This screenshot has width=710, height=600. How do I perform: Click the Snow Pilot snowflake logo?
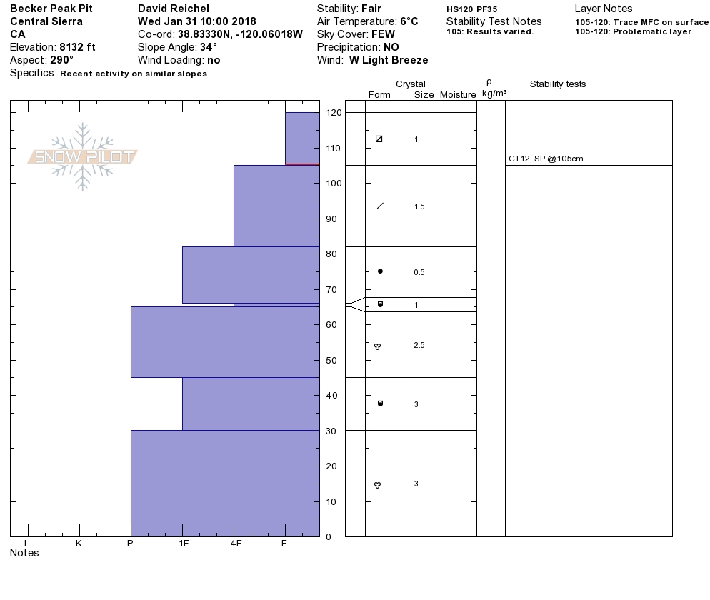coord(83,156)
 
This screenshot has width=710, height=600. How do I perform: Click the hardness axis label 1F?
coord(184,544)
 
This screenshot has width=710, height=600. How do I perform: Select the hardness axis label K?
coord(79,544)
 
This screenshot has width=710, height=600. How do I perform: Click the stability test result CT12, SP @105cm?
coord(546,159)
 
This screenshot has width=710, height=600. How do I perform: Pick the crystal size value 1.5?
coord(419,206)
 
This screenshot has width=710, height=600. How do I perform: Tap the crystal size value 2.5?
coord(419,346)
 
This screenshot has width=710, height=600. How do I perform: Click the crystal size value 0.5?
coord(419,272)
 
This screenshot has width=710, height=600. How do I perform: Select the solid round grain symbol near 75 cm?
coord(380,271)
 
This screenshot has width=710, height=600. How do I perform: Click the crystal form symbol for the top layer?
coord(379,139)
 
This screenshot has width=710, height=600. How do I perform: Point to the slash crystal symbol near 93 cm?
coord(380,206)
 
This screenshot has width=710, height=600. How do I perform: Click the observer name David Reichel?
coord(174,9)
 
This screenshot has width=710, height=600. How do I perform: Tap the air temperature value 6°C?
coord(409,21)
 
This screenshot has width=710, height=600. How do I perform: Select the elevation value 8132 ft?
coord(77,47)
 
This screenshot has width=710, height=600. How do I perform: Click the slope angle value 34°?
coord(209,47)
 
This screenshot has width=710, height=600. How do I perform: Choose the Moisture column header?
coord(458,95)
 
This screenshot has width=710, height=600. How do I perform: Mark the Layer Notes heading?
coord(604,9)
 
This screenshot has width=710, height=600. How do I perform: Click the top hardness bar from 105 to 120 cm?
coord(302,138)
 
